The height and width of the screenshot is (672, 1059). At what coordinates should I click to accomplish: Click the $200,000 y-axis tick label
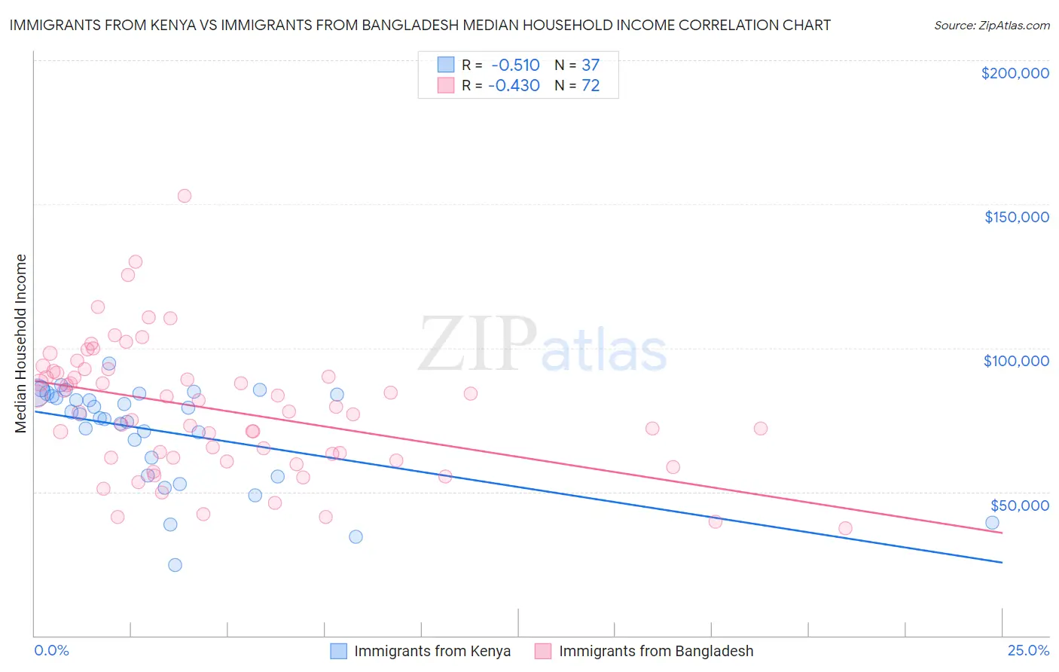(1015, 73)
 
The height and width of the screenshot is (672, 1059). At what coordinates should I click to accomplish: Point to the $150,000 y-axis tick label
(1016, 217)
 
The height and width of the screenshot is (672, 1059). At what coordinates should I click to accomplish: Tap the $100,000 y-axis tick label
(1016, 361)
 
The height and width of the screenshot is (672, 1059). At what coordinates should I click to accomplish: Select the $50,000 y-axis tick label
(1019, 505)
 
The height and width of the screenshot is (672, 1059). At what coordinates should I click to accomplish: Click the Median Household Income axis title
(21, 344)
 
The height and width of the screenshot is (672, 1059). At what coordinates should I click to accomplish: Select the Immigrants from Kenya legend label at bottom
(432, 652)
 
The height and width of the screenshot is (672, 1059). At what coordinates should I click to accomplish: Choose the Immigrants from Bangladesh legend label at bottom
(656, 652)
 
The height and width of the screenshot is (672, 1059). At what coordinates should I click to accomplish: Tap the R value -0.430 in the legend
(514, 86)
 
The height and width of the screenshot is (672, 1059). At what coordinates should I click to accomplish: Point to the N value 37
(591, 66)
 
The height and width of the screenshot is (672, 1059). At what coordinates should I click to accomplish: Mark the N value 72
(591, 86)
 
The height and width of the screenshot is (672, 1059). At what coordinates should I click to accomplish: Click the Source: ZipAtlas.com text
(991, 26)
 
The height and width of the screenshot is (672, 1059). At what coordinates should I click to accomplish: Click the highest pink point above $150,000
(185, 196)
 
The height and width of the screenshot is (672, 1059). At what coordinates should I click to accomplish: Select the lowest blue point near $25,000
(175, 565)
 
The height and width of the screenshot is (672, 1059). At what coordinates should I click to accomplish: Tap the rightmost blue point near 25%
(992, 523)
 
